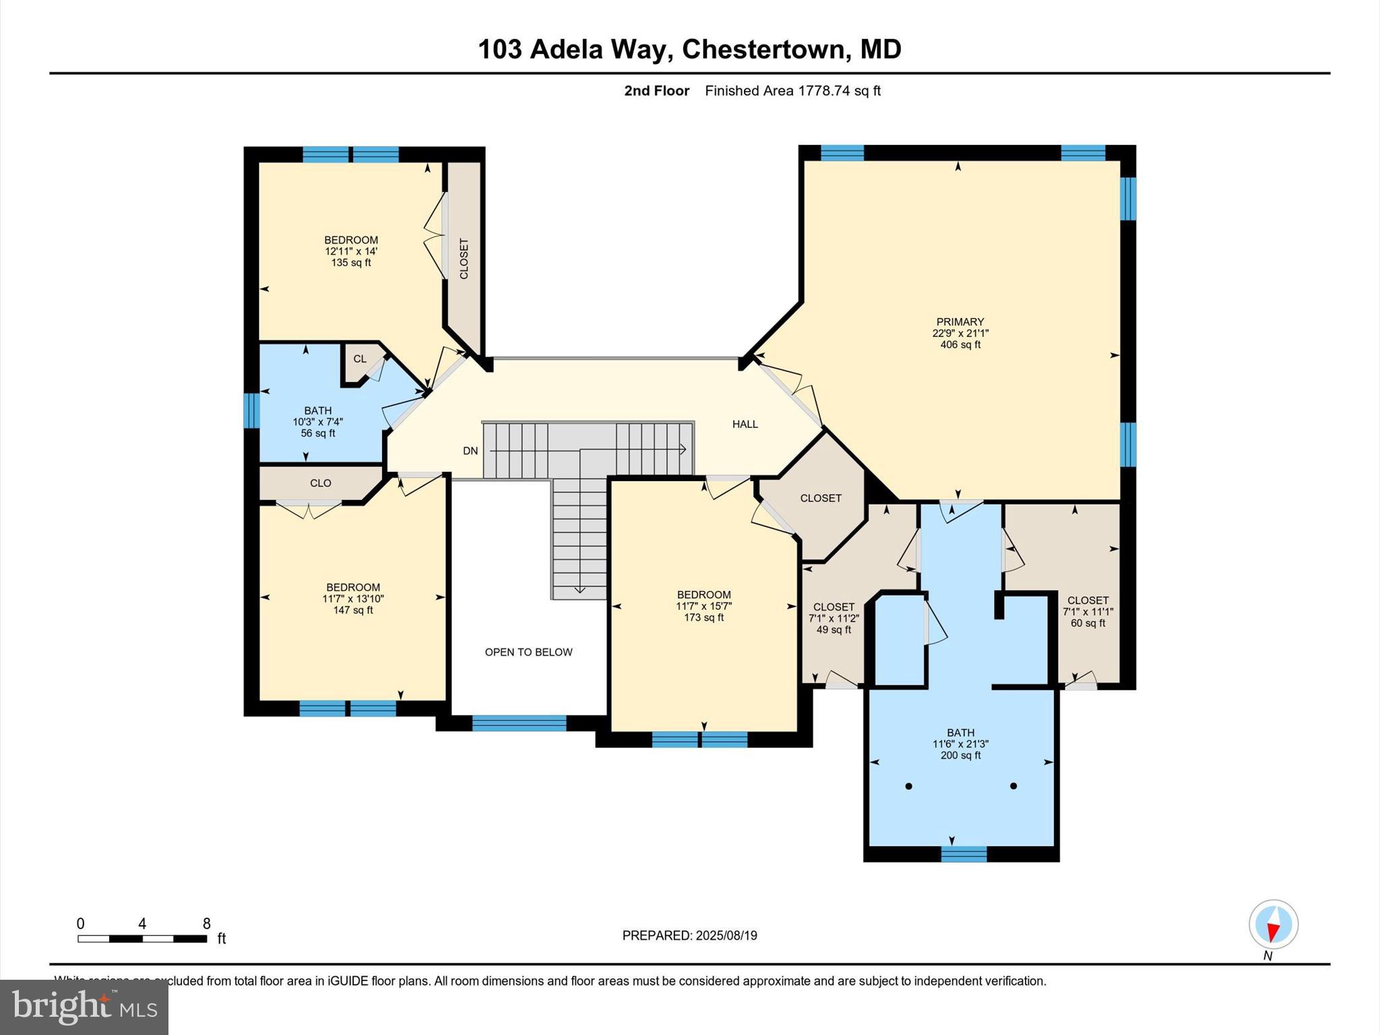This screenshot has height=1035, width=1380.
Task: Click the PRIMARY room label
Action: (x=960, y=322)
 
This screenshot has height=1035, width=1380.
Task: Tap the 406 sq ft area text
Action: (x=960, y=345)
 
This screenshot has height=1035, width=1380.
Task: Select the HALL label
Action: (x=745, y=425)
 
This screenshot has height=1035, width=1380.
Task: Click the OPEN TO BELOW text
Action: (x=528, y=652)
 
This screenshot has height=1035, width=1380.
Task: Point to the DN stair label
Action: (x=470, y=451)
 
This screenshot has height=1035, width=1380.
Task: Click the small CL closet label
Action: (x=360, y=359)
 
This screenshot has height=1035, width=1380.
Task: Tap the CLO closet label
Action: (x=321, y=483)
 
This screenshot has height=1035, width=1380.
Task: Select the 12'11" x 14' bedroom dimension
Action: (x=351, y=251)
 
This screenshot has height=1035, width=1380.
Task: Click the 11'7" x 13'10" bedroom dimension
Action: (x=353, y=598)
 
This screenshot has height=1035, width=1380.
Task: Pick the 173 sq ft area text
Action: (x=703, y=618)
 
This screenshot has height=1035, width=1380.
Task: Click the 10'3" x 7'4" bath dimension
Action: (x=317, y=422)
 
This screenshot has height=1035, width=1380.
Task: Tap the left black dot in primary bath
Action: (x=908, y=786)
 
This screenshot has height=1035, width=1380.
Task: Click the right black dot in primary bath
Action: (x=1013, y=786)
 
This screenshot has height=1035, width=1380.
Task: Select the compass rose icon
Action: (x=1273, y=924)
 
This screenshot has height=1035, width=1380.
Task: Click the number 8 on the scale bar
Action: (x=207, y=924)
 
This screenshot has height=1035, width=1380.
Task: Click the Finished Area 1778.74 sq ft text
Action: (x=792, y=91)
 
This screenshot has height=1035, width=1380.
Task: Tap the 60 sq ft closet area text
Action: (x=1088, y=623)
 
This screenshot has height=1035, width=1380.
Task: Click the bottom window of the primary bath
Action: (x=964, y=854)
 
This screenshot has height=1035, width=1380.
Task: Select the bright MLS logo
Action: (x=84, y=1007)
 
